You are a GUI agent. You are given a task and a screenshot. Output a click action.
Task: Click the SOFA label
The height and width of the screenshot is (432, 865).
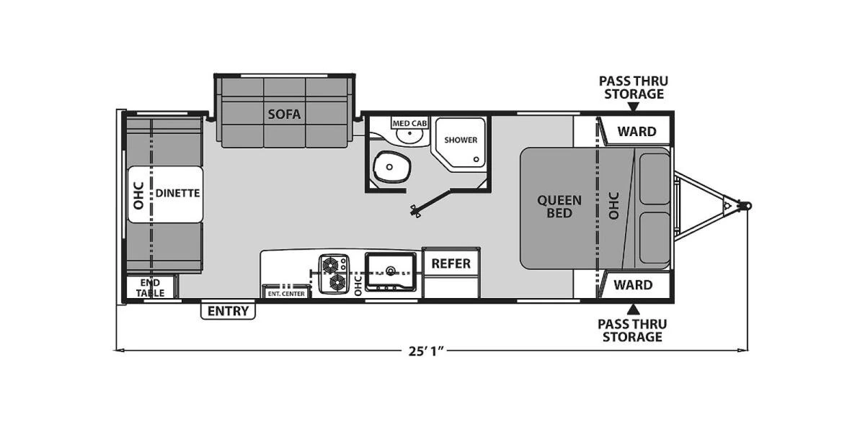(284, 114)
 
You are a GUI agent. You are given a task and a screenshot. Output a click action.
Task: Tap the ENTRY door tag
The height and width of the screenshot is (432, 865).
(228, 311)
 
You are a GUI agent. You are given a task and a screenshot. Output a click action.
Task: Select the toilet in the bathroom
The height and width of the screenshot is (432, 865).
(391, 166)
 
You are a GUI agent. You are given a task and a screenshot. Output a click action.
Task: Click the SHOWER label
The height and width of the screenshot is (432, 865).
(461, 140)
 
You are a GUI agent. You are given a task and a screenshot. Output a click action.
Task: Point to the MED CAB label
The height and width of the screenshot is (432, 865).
(409, 123)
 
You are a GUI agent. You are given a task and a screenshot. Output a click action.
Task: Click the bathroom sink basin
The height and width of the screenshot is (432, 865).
(409, 134)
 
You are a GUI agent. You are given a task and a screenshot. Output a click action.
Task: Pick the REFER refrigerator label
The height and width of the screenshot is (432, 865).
(451, 264)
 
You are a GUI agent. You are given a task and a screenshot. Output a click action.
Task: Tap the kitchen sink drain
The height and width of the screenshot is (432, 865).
(391, 271)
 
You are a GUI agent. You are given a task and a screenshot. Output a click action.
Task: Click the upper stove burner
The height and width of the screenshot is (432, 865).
(331, 265)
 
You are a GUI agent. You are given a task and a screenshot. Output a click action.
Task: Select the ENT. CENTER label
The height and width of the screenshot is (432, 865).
(286, 294)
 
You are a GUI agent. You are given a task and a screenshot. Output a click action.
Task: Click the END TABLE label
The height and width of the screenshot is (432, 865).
(150, 288)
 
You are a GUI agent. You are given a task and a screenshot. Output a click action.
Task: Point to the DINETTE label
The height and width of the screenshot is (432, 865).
(177, 193)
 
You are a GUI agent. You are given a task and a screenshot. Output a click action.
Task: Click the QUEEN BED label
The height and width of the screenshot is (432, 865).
(559, 207)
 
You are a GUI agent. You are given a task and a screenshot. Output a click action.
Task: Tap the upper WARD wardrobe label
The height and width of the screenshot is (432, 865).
(636, 132)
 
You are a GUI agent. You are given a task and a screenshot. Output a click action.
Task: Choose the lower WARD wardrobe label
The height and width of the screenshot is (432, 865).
(634, 285)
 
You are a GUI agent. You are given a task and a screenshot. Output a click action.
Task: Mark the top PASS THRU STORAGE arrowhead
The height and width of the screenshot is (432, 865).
(633, 107)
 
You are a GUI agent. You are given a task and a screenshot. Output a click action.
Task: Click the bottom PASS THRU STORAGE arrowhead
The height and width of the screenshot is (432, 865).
(633, 310)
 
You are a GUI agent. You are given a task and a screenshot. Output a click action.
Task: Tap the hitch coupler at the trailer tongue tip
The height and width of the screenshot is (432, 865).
(747, 206)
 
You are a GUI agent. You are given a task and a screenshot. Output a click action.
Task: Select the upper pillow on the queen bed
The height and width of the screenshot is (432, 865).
(655, 179)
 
